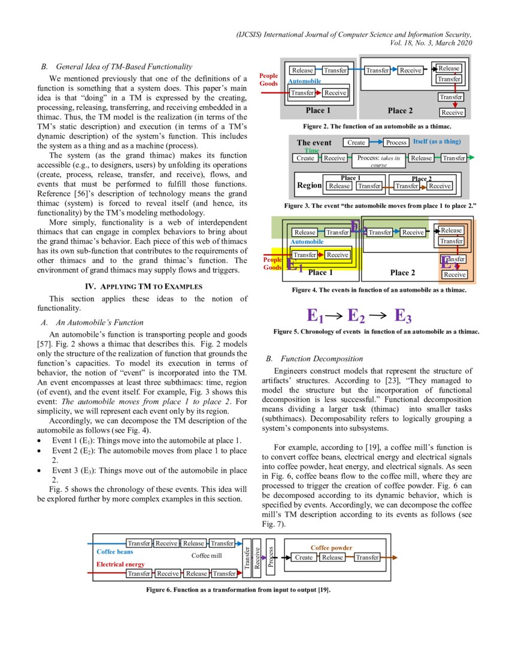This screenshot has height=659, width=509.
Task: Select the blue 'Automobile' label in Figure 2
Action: [x=305, y=81]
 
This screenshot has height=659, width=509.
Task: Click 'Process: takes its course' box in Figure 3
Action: [x=378, y=161]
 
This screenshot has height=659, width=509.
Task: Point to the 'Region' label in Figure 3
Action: [x=309, y=186]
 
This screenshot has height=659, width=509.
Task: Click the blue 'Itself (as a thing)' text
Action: [x=437, y=142]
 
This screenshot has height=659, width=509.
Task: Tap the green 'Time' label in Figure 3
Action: [x=312, y=151]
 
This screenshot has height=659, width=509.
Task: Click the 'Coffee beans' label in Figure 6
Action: [x=114, y=551]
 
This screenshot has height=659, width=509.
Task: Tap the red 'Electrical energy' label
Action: [x=120, y=564]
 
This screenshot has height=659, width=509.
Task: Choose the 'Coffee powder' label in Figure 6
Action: [x=331, y=548]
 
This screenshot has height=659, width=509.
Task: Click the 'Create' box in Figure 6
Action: [x=304, y=557]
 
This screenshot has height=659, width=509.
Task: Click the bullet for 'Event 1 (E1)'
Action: [x=39, y=440]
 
